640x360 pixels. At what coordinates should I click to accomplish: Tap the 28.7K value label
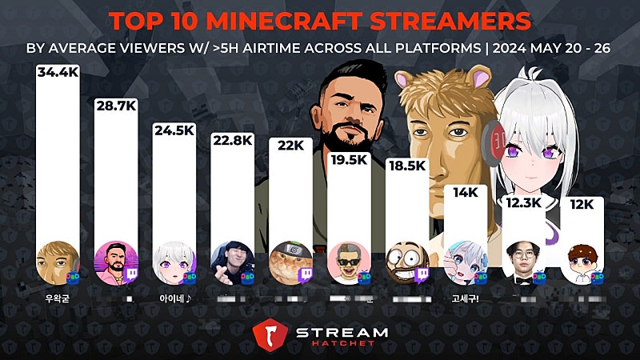(x=115, y=106)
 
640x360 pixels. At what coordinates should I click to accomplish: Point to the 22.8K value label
(x=232, y=141)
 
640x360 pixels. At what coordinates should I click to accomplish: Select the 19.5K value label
(x=349, y=159)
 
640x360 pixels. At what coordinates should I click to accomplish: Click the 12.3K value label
(x=524, y=203)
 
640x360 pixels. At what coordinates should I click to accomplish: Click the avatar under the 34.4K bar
(x=56, y=259)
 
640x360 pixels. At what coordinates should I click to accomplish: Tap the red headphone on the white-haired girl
(x=494, y=145)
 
